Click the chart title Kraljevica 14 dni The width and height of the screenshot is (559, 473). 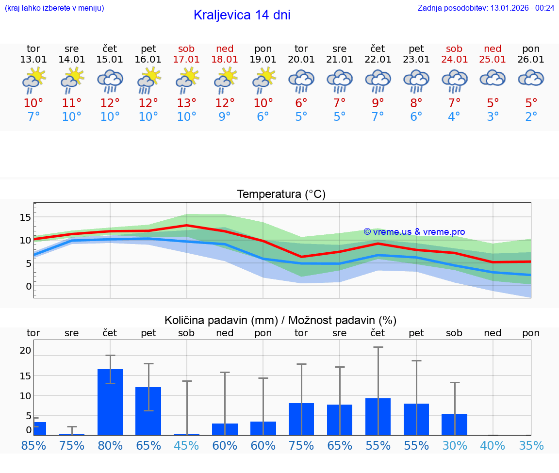(x=242, y=15)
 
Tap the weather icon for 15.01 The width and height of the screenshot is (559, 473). (x=110, y=81)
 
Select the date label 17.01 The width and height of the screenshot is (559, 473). (x=186, y=60)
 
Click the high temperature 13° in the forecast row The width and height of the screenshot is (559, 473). (x=186, y=103)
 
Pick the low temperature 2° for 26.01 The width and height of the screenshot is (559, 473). (x=531, y=117)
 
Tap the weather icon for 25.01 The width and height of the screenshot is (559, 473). (x=493, y=78)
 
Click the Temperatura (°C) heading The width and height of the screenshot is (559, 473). (x=281, y=195)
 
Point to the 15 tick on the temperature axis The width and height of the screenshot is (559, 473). (x=25, y=217)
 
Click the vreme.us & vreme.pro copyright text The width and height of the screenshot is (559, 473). (x=414, y=232)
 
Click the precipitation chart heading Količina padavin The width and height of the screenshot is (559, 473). (x=280, y=320)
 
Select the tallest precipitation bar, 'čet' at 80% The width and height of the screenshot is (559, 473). (x=110, y=402)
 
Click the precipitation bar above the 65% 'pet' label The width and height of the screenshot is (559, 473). (x=148, y=411)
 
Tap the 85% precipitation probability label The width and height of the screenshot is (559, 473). (x=33, y=446)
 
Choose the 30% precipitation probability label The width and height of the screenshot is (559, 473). (x=454, y=446)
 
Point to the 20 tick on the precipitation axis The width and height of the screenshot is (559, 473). (x=25, y=351)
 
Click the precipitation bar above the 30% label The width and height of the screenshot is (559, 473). (x=454, y=424)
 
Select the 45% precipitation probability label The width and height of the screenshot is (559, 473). (x=186, y=446)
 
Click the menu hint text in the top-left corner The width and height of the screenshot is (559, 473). (x=54, y=8)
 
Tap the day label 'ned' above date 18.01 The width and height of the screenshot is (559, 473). (x=225, y=49)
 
